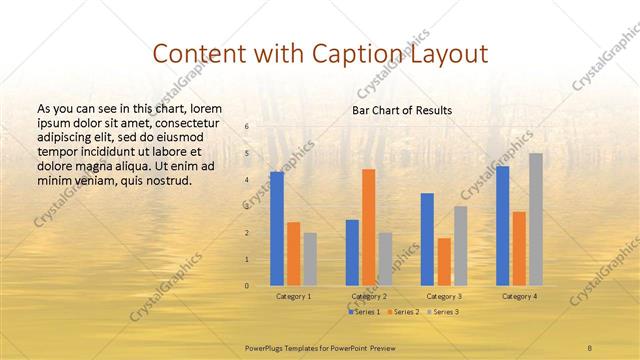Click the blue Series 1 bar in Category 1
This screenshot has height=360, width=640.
277,229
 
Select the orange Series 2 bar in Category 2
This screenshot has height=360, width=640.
369,227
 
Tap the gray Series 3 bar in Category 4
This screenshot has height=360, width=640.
536,219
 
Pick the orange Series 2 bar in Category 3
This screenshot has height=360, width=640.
444,262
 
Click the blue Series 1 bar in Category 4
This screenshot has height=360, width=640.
502,226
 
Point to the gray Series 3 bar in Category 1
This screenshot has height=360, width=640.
310,259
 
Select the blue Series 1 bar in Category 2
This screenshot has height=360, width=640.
352,252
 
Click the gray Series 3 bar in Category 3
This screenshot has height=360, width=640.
460,246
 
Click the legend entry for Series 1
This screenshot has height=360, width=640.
364,313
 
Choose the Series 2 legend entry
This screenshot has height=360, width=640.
403,313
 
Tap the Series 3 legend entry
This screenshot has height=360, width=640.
444,313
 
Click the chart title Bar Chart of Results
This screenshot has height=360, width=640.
402,110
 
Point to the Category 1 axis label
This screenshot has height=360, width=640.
293,296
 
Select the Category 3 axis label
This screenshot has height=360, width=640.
443,296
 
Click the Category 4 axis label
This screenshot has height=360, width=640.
519,296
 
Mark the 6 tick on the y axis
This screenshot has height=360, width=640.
246,126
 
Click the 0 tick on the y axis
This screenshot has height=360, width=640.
246,286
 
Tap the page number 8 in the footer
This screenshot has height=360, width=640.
590,346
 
